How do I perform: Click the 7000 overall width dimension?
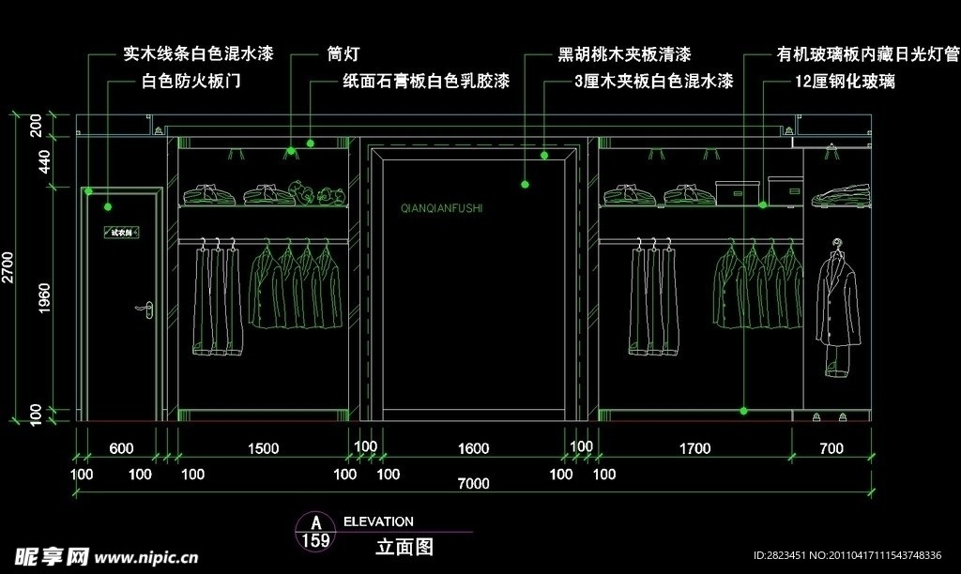474,484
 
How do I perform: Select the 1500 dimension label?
263,449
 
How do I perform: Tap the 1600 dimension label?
474,449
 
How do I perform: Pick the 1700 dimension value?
694,449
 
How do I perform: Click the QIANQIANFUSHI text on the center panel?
441,208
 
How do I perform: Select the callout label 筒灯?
343,54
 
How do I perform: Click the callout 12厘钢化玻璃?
845,83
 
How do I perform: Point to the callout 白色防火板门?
191,83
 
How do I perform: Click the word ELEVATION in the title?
378,521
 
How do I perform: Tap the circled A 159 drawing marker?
316,531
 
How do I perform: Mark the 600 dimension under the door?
121,449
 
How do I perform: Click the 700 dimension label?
831,449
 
